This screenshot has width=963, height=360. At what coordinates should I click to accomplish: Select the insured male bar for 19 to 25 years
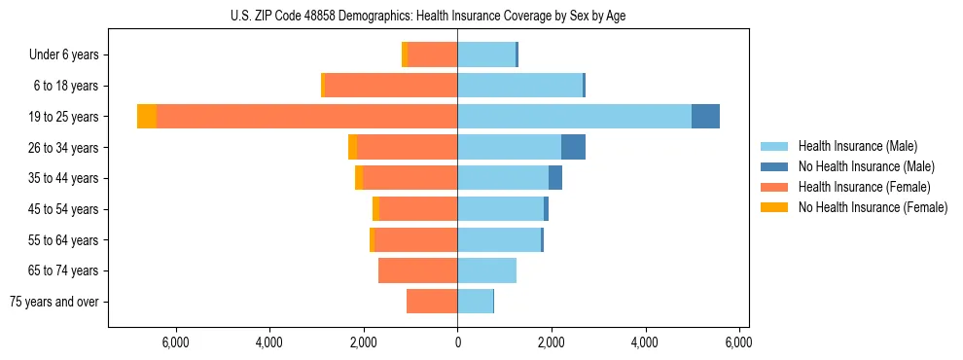(574, 117)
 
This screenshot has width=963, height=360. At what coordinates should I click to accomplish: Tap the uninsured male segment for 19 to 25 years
(705, 117)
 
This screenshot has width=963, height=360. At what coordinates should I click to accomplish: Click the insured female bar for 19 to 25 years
(306, 117)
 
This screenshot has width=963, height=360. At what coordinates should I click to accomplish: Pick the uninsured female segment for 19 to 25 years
(147, 117)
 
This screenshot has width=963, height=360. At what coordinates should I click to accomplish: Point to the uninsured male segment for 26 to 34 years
(573, 148)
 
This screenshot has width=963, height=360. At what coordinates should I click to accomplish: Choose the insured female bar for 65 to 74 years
(417, 270)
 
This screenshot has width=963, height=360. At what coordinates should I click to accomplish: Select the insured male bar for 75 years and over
(475, 302)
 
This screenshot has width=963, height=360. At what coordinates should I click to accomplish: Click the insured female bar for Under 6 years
(433, 55)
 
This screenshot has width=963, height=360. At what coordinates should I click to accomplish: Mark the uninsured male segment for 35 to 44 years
(555, 178)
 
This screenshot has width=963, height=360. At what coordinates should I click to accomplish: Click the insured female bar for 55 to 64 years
(415, 240)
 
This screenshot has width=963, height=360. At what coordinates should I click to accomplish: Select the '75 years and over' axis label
(54, 302)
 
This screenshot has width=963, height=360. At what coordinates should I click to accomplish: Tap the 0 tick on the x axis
(457, 342)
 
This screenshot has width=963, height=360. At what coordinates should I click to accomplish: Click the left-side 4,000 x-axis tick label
(268, 342)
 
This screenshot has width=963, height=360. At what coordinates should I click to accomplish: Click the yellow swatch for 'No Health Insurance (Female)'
(775, 207)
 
